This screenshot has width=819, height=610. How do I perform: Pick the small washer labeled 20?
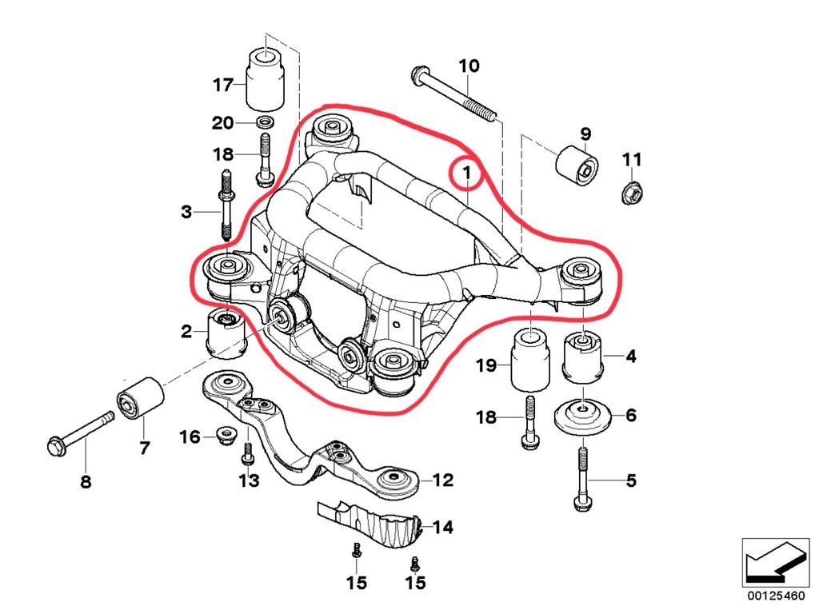265,123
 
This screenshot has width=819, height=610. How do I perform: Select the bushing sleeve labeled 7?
141,396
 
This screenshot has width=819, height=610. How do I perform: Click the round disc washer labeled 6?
583,418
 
